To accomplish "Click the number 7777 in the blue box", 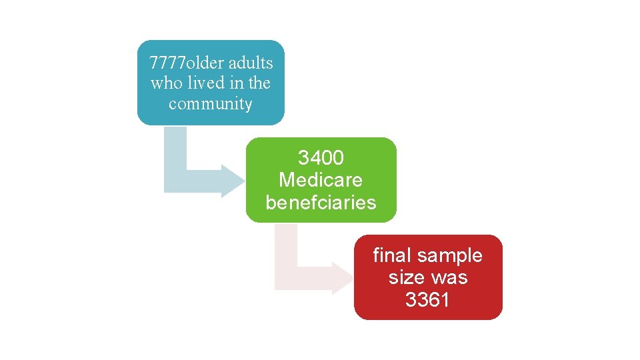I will point(166,63).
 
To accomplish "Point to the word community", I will point(211,104).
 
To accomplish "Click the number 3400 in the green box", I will point(321,158).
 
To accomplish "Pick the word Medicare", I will point(321,180).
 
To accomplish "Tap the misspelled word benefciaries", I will point(321,202).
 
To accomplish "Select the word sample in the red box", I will point(452,255).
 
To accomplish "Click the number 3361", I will point(427,300).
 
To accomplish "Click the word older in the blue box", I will point(205,63).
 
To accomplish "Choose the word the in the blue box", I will point(259,83).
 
